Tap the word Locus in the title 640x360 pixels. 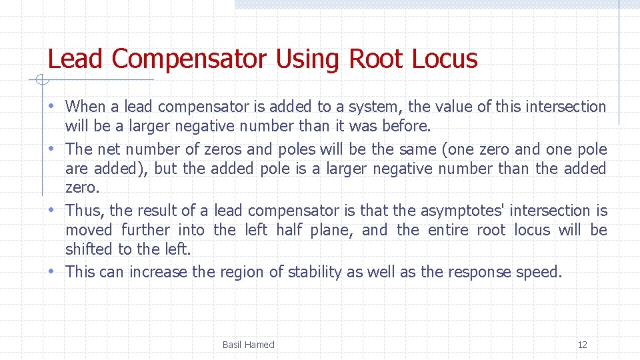click(x=445, y=59)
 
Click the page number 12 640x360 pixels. click(x=582, y=345)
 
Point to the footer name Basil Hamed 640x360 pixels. click(x=248, y=345)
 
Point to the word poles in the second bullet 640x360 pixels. click(x=297, y=149)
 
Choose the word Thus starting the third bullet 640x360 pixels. click(x=84, y=211)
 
